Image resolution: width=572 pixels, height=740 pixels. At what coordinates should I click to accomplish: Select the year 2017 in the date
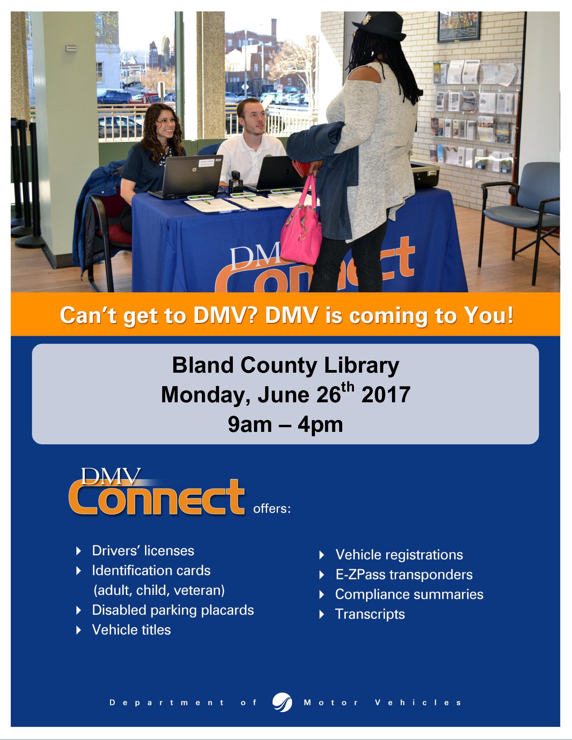[x=386, y=395]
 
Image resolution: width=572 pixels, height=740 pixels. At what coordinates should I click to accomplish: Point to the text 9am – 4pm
[x=285, y=424]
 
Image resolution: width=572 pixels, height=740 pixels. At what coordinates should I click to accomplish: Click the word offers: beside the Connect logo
[x=272, y=509]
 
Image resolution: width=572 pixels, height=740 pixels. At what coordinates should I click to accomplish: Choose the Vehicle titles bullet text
[x=132, y=630]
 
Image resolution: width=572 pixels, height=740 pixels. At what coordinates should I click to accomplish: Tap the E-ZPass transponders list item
[x=404, y=575]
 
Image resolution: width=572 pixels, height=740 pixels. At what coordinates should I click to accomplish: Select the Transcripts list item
[x=370, y=614]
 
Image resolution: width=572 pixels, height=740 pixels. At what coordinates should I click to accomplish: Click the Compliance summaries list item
[x=409, y=594]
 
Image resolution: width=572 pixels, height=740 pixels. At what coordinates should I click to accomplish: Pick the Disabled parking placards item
[x=173, y=610]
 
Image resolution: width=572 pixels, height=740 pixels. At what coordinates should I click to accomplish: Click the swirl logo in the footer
[x=282, y=702]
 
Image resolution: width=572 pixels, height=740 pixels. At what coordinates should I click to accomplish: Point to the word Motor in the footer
[x=331, y=703]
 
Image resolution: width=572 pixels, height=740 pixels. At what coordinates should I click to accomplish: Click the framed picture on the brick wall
[x=459, y=27]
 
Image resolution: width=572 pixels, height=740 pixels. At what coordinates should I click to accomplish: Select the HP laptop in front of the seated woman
[x=186, y=177]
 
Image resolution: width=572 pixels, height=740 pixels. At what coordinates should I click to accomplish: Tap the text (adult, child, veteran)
[x=159, y=590]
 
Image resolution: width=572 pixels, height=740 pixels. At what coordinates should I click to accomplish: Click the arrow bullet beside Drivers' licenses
[x=79, y=551]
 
